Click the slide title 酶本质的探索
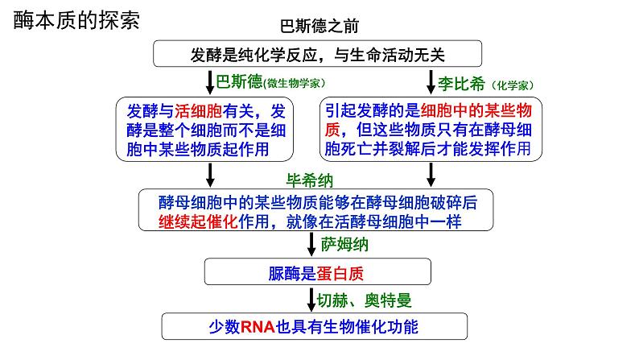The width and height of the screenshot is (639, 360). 76,20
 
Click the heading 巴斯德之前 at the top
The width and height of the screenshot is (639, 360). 319,27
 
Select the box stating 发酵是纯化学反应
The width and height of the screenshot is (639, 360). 318,55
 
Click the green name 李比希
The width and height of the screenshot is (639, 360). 460,82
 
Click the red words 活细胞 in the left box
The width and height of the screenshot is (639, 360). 198,112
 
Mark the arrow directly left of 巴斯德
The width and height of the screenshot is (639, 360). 210,82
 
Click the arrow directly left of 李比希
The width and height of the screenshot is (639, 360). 431,82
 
